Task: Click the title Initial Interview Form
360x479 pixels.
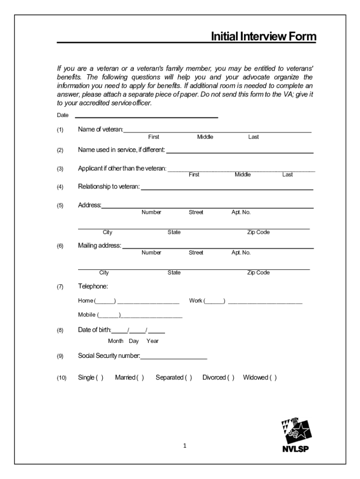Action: click(263, 36)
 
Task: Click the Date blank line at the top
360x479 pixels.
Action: click(146, 116)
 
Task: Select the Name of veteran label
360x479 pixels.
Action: click(100, 130)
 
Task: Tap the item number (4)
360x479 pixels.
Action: click(60, 187)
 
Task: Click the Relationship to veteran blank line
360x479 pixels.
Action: click(227, 189)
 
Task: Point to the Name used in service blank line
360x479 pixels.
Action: click(240, 152)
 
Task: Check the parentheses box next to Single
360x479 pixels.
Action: click(100, 377)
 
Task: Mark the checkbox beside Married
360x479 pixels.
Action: click(140, 377)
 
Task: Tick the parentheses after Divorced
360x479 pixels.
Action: click(230, 377)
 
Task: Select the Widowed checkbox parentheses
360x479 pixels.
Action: click(273, 377)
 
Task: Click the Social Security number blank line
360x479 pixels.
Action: click(173, 358)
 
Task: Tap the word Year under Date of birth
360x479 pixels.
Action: click(152, 341)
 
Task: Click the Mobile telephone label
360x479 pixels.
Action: click(87, 315)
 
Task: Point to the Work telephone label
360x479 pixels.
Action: click(195, 301)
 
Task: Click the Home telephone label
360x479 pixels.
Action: click(86, 301)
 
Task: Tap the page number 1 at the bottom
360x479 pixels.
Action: click(185, 446)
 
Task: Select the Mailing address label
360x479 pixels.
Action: click(99, 246)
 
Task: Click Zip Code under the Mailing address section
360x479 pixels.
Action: click(258, 273)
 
